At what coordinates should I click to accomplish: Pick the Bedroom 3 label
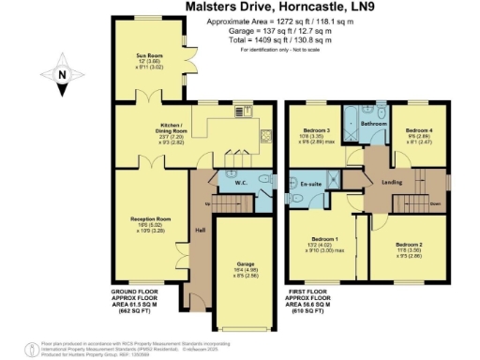coord(316,131)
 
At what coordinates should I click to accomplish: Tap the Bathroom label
coord(375,123)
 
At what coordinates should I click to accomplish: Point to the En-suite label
coord(311,186)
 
